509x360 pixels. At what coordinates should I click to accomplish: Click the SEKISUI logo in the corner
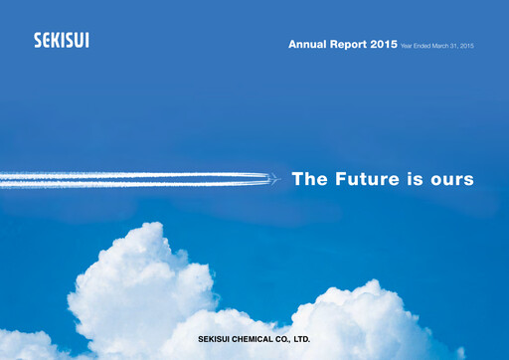coord(61,41)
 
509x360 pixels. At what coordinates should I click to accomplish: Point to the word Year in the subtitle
coord(407,46)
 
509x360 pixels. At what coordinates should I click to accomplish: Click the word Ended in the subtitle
coord(424,46)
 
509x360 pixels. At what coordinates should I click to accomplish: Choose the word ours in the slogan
coord(451,180)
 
